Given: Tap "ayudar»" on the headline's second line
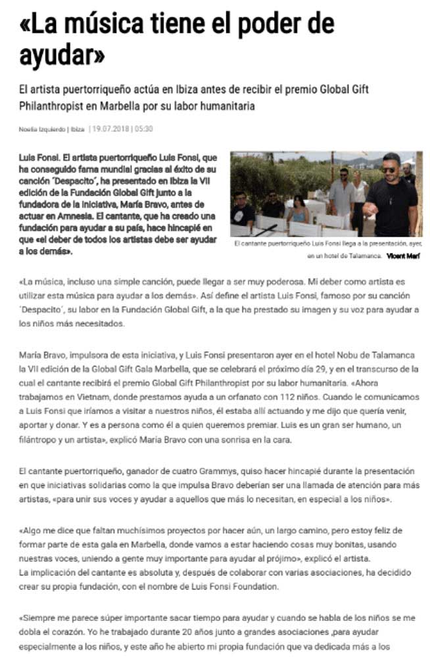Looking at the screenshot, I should (x=62, y=57).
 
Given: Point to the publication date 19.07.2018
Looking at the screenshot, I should (x=112, y=129).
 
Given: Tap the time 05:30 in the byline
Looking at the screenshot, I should (x=144, y=129).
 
